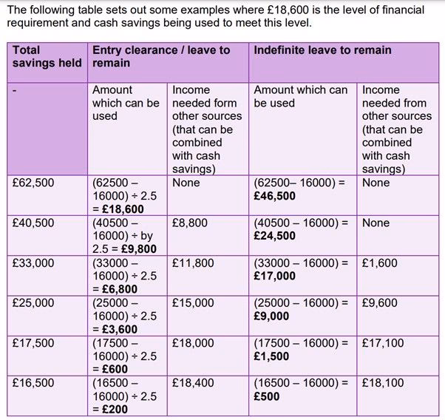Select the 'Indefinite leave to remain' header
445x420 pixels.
point(322,50)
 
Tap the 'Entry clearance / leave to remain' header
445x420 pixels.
point(160,57)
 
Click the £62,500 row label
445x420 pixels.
point(34,183)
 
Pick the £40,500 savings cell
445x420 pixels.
point(34,223)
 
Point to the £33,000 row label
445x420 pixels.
point(34,262)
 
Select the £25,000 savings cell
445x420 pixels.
point(34,302)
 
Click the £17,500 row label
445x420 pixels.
point(34,342)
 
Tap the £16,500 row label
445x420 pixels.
point(34,382)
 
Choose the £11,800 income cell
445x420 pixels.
point(193,262)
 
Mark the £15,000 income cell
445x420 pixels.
point(193,302)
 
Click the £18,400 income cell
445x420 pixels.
point(193,382)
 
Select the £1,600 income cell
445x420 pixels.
point(379,262)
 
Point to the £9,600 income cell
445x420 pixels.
point(379,302)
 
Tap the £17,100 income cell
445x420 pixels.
point(383,342)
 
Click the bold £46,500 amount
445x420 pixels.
point(274,196)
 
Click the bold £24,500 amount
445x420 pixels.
point(274,236)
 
